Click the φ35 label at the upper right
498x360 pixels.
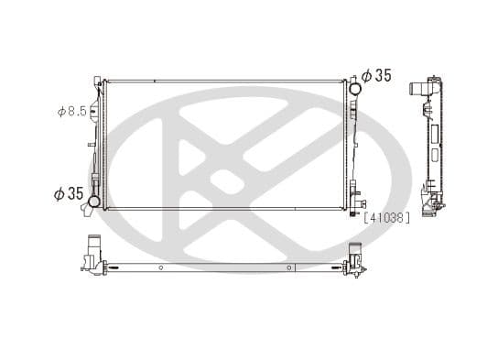(x=375, y=76)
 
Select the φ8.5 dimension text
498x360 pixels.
(x=72, y=112)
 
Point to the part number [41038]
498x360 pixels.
(x=386, y=217)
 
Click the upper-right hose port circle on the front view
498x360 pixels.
(x=353, y=88)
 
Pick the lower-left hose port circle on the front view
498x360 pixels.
(x=93, y=200)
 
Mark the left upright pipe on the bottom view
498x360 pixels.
(x=92, y=248)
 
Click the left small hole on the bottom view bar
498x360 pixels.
(x=161, y=267)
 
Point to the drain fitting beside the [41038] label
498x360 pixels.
(x=355, y=213)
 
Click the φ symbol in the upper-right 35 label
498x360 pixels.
(x=365, y=76)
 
